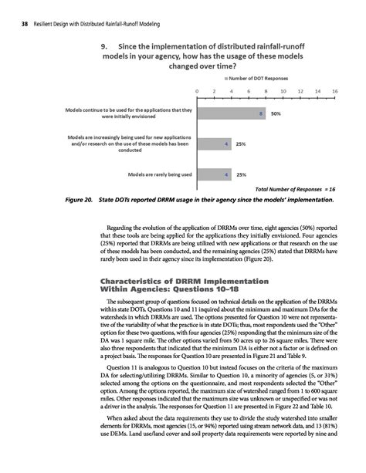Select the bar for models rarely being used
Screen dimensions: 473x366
(215, 174)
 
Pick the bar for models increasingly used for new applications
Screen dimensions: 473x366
(215, 144)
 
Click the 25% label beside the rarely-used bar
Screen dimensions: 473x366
(241, 174)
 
